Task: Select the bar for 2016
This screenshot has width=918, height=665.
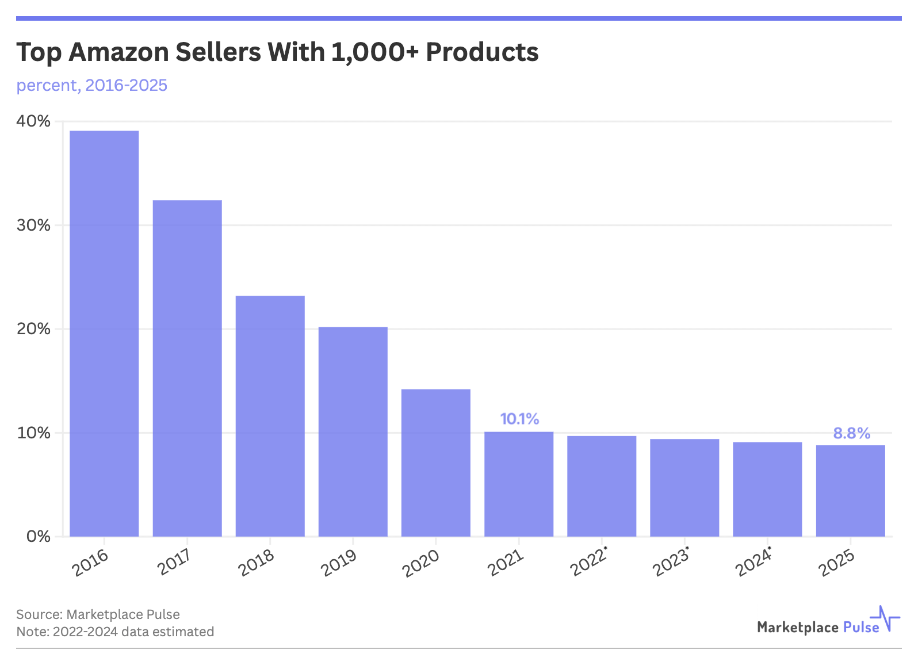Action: pyautogui.click(x=104, y=334)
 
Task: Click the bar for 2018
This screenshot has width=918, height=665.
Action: pyautogui.click(x=270, y=416)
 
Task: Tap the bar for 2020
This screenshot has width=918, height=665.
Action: pyautogui.click(x=436, y=463)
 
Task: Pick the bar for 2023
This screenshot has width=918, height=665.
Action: pyautogui.click(x=684, y=488)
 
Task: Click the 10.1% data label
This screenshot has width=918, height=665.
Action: pyautogui.click(x=519, y=419)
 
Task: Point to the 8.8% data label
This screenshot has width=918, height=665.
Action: pyautogui.click(x=851, y=433)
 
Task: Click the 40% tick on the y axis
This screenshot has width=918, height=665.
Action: pyautogui.click(x=33, y=121)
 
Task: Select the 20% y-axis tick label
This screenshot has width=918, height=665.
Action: pyautogui.click(x=33, y=329)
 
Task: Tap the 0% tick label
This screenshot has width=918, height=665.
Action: pyautogui.click(x=39, y=537)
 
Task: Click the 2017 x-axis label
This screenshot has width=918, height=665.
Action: pyautogui.click(x=175, y=563)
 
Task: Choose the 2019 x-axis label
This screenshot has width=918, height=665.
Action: pyautogui.click(x=339, y=563)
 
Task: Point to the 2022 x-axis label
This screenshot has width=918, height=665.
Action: pyautogui.click(x=587, y=563)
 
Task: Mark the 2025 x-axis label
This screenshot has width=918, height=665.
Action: pyautogui.click(x=837, y=563)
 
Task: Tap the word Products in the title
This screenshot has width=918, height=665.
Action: pyautogui.click(x=482, y=52)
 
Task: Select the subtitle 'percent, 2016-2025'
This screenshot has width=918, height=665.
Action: pyautogui.click(x=92, y=85)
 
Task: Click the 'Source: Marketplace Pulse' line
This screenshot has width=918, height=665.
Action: pyautogui.click(x=98, y=614)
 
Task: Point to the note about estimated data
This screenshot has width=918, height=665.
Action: pyautogui.click(x=115, y=632)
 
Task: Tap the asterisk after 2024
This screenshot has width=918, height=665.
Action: pyautogui.click(x=770, y=547)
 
